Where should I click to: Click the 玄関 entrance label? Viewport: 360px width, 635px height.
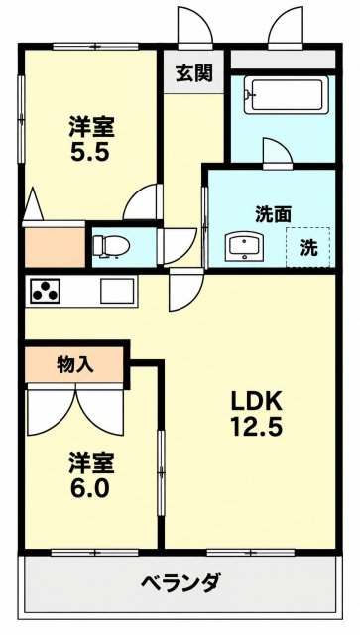pyautogui.click(x=194, y=73)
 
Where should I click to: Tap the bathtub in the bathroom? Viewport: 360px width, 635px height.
pyautogui.click(x=286, y=96)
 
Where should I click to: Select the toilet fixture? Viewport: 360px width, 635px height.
pyautogui.click(x=110, y=246)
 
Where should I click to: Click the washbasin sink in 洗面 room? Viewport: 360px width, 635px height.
pyautogui.click(x=245, y=247)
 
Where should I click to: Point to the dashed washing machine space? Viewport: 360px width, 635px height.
pyautogui.click(x=307, y=247)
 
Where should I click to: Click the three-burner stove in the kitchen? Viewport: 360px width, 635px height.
pyautogui.click(x=44, y=291)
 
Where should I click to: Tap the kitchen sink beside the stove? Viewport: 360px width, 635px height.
pyautogui.click(x=117, y=291)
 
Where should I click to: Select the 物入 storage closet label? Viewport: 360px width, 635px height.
pyautogui.click(x=75, y=365)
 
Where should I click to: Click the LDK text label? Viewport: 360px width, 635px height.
pyautogui.click(x=256, y=401)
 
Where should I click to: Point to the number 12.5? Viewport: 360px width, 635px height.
pyautogui.click(x=256, y=427)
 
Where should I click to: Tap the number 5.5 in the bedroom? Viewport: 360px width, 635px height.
pyautogui.click(x=90, y=152)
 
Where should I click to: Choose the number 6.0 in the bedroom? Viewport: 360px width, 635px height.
pyautogui.click(x=90, y=489)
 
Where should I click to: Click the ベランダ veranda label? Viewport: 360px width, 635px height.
pyautogui.click(x=181, y=583)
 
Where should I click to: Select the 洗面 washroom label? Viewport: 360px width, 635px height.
pyautogui.click(x=273, y=214)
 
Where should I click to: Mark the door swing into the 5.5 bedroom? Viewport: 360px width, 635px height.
pyautogui.click(x=143, y=202)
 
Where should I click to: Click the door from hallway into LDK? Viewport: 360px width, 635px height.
pyautogui.click(x=185, y=289)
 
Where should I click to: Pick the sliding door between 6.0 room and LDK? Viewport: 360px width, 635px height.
pyautogui.click(x=162, y=472)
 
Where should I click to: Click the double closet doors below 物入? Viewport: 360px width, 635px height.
pyautogui.click(x=75, y=410)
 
